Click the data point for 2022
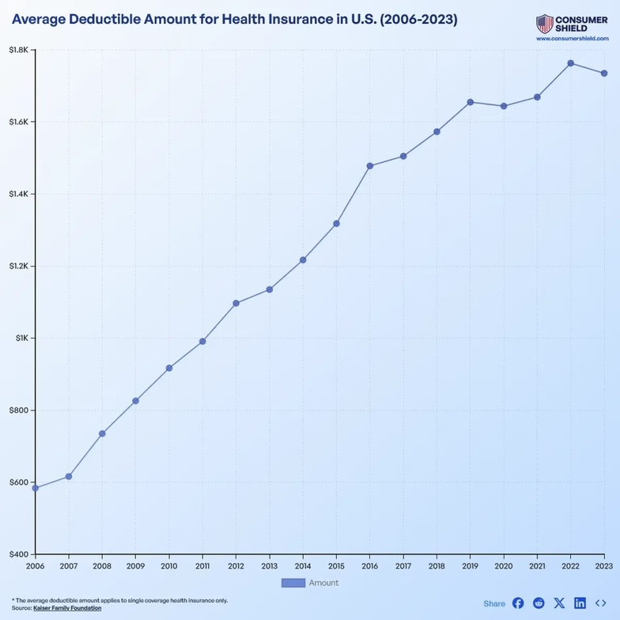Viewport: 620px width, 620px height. pos(570,63)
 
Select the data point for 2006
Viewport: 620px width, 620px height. pos(36,488)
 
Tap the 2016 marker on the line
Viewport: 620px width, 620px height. pos(369,166)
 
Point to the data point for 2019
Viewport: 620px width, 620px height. pos(470,102)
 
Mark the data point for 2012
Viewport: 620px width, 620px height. pos(236,303)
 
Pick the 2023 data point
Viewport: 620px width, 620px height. pos(604,74)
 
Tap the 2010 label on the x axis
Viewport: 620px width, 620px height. pos(169,566)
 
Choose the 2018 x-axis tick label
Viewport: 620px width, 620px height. pos(437,566)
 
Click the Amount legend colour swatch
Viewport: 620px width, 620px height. pos(293,583)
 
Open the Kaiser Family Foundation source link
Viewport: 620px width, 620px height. pos(67,608)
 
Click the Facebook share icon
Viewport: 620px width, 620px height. pos(518,603)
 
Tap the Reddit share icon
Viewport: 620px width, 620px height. pos(539,603)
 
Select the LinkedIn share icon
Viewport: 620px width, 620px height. pos(580,603)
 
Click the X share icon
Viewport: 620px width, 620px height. pos(559,603)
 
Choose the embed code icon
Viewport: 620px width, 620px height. pos(601,603)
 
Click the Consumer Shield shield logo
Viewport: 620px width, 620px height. pos(544,24)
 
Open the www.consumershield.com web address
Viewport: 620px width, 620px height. pos(572,38)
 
